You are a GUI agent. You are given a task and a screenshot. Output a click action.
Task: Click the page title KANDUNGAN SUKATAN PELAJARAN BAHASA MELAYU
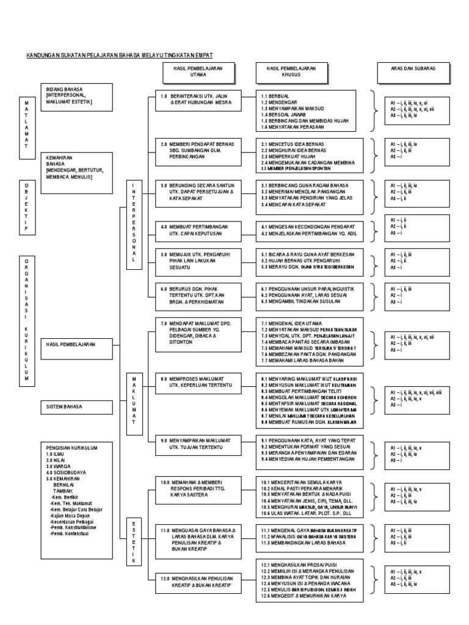click(119, 54)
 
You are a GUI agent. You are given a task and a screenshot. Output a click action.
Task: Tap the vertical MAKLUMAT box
click(133, 400)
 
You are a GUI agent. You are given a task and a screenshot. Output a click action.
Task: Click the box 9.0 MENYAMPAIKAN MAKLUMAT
click(198, 444)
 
